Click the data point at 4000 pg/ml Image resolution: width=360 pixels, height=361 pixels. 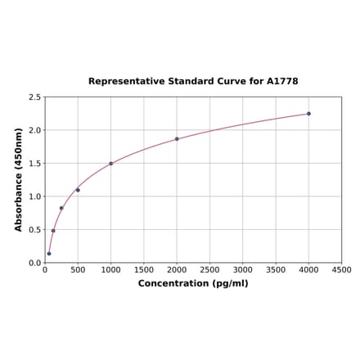point(308,114)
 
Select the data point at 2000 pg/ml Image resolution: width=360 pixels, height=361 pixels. point(177,139)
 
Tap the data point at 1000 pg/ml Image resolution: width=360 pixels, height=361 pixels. point(110,164)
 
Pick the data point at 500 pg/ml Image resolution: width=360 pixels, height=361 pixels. point(78,190)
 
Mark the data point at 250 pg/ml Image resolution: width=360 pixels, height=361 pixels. point(61,208)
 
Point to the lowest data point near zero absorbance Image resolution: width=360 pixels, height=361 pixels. point(49,254)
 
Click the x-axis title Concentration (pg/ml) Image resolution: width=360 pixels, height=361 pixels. point(193,283)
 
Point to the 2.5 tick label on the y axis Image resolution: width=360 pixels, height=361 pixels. point(34,97)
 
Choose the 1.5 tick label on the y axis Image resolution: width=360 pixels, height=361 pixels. point(34,164)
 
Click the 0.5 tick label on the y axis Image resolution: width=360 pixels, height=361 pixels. point(34,230)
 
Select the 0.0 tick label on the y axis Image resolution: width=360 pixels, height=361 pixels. point(34,263)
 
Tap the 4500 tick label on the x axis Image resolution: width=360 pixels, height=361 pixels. point(341,269)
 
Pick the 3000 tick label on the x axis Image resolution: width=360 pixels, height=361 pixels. point(242,269)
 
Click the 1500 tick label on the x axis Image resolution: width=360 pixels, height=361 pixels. point(143,269)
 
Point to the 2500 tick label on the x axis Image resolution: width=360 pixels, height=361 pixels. point(209,269)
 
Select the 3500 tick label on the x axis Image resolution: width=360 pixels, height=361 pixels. point(276,269)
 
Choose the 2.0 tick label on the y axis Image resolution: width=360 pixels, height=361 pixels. point(34,130)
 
